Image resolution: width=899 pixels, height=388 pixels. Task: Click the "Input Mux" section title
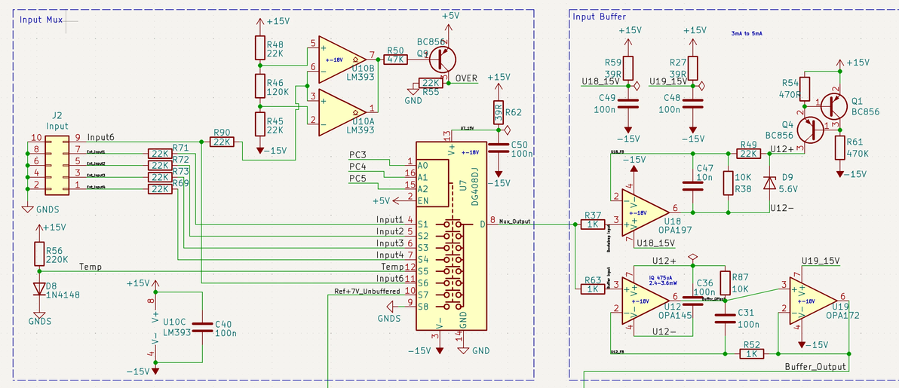[41, 19]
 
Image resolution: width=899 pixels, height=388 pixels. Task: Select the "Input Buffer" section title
[599, 17]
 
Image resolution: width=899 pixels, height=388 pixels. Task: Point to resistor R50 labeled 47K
[395, 59]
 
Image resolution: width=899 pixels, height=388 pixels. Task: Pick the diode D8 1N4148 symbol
[38, 289]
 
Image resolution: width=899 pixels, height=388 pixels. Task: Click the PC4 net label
[357, 167]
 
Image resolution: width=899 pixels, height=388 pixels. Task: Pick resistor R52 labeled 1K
[750, 353]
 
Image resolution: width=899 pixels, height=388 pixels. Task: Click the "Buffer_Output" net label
[814, 366]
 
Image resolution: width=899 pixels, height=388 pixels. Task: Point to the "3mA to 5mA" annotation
[747, 34]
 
